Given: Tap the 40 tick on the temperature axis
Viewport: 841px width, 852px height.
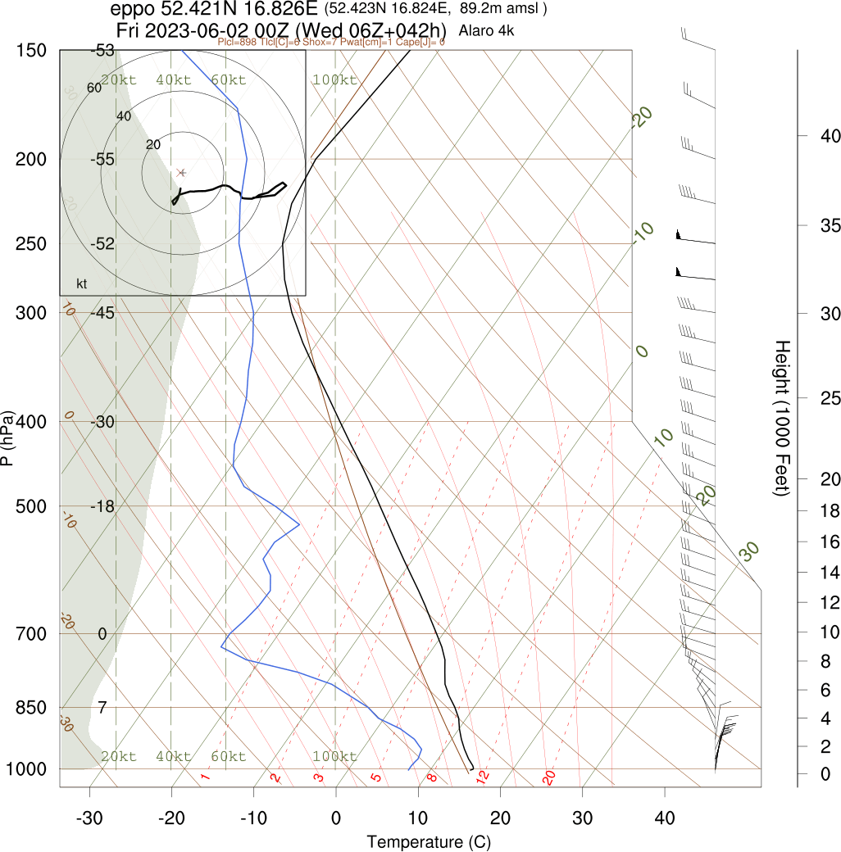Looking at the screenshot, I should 665,818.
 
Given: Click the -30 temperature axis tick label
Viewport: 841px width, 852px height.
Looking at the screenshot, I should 89,818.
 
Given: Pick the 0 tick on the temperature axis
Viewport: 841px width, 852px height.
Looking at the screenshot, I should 336,818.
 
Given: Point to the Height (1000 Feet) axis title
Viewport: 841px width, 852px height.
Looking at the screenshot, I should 780,418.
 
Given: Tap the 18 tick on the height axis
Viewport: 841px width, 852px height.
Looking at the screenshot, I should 830,511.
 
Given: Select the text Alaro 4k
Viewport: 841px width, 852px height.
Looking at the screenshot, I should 487,31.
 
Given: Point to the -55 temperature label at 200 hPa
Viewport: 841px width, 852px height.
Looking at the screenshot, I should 103,159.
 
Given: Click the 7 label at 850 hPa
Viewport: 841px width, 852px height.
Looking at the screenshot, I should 102,707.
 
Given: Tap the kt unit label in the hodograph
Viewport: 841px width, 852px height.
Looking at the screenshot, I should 82,284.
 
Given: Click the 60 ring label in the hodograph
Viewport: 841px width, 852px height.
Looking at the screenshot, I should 93,88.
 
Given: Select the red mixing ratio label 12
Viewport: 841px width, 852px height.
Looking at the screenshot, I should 482,776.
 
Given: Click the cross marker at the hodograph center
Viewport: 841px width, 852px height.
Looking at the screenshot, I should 182,173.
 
